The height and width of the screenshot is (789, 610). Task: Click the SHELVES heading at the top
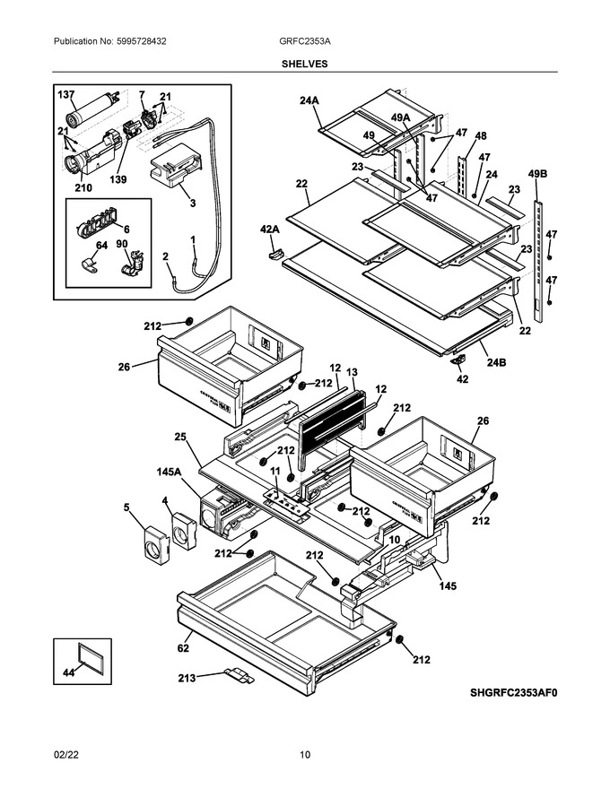pos(305,64)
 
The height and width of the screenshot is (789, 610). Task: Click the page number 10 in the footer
pos(305,755)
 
